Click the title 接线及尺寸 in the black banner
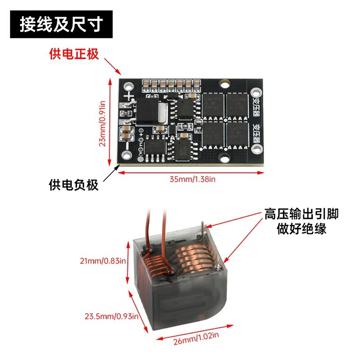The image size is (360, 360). click(61, 25)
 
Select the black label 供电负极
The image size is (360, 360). click(73, 185)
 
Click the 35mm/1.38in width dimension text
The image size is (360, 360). click(193, 179)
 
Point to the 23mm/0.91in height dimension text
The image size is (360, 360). click(103, 121)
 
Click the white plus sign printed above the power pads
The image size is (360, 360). click(130, 96)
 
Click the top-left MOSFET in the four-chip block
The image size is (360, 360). click(213, 104)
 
